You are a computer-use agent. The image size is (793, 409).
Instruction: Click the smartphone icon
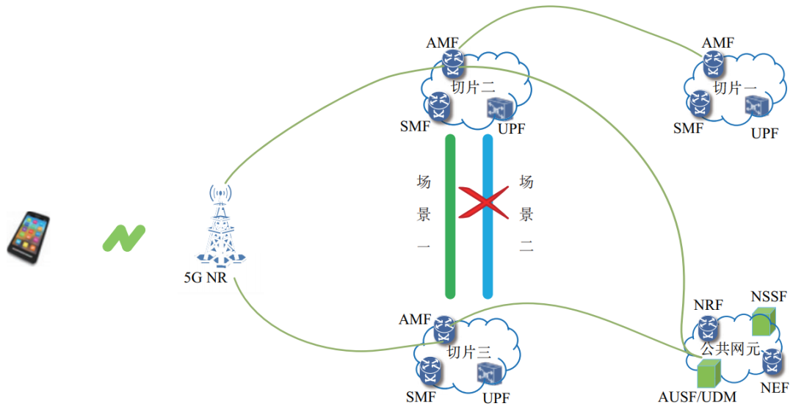click(29, 235)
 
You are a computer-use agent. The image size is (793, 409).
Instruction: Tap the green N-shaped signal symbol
click(123, 238)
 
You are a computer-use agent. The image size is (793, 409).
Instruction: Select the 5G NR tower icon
click(220, 228)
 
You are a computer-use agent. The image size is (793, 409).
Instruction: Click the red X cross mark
click(484, 202)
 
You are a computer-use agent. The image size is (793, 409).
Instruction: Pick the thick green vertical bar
click(450, 217)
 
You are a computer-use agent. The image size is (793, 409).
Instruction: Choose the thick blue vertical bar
click(487, 217)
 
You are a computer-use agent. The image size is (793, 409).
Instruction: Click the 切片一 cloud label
click(735, 87)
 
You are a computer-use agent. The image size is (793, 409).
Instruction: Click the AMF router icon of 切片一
click(711, 65)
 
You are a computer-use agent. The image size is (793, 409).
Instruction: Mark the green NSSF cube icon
click(764, 322)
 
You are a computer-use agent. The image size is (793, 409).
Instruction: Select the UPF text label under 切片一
click(764, 133)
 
